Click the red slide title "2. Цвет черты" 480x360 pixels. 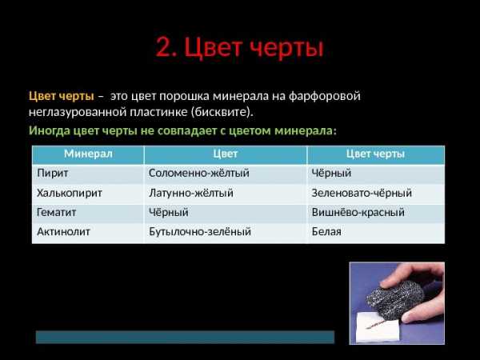point(239,48)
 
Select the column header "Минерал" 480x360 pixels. point(88,154)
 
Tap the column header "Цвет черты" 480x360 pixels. point(375,154)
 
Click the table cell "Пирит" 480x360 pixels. point(52,174)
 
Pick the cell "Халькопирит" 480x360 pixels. point(70,193)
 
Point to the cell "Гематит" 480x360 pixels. point(56,212)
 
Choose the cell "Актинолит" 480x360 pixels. point(63,232)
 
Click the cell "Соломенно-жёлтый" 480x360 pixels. point(199,174)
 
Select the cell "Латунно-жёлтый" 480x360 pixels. point(191,193)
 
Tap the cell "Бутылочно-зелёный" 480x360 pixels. point(200,232)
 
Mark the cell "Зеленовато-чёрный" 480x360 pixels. point(362,193)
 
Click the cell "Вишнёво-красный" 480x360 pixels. point(358,212)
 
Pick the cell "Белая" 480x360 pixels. point(326,232)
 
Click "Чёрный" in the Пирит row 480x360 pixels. point(331,174)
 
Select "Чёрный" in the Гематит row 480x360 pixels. point(168,212)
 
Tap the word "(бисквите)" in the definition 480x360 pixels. point(222,112)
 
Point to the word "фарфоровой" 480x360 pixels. point(325,96)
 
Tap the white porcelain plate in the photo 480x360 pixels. point(377,328)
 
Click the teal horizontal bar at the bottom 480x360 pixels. point(186,337)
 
